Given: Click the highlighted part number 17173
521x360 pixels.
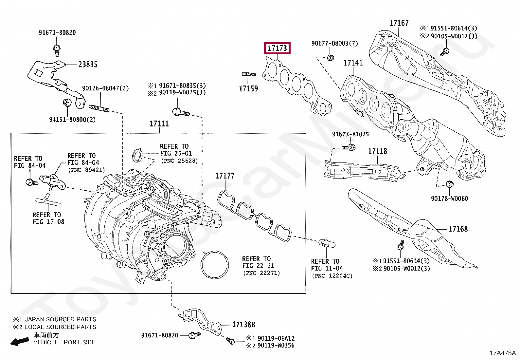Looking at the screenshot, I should (277, 48).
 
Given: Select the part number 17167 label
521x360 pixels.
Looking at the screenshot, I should (399, 23).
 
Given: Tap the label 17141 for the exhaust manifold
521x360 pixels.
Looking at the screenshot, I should (353, 63).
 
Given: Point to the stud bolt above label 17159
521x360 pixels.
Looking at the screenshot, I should (248, 75).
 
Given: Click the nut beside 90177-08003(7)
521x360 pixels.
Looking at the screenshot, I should (331, 58).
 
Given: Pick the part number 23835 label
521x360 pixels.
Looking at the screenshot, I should (88, 65).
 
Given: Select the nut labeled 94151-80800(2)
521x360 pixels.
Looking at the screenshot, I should (67, 102).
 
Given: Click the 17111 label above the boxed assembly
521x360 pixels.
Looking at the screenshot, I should (159, 124).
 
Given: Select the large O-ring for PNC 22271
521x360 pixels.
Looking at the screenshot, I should (215, 265).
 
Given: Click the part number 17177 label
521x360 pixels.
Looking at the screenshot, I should (225, 176).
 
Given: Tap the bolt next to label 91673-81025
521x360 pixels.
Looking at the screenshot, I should (349, 147).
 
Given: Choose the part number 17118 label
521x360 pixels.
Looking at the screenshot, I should (377, 151).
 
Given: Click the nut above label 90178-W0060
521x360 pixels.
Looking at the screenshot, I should (449, 184).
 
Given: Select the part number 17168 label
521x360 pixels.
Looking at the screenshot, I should (458, 229).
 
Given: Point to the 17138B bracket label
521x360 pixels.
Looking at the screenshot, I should (243, 325).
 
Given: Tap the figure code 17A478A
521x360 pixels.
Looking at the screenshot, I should (502, 353).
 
